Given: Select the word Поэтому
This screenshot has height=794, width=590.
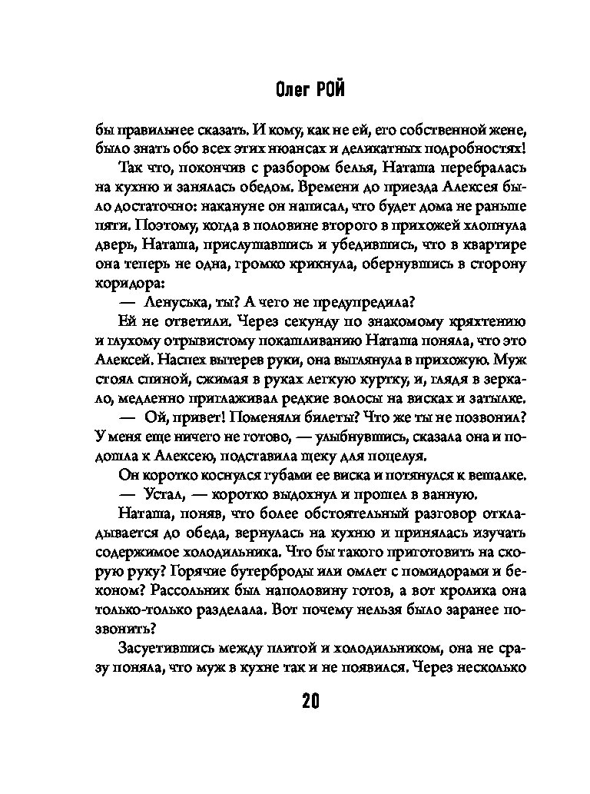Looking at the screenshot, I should tap(150, 224).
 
